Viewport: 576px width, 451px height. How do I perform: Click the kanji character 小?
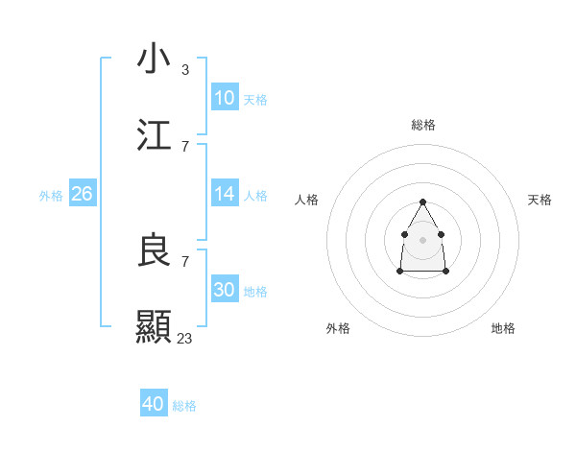154,59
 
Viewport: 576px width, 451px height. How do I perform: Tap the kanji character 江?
154,135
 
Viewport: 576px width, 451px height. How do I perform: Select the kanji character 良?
154,250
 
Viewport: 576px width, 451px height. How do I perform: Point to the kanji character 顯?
154,327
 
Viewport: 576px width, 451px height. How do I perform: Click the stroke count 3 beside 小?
184,70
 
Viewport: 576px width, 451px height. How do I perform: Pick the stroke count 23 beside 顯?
184,339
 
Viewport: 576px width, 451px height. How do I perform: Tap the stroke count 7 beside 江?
184,147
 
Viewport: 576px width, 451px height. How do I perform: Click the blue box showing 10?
225,98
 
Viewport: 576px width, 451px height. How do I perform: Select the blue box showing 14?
225,194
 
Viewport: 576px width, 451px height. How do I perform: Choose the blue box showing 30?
225,290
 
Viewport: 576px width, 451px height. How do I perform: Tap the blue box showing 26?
82,194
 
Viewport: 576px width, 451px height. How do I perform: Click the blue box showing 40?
154,404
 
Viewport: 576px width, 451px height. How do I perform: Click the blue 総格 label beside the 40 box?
184,406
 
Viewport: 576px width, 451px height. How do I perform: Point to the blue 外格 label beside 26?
51,196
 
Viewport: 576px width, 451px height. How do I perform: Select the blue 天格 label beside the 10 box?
255,100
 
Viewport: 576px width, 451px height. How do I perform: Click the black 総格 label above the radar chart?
423,125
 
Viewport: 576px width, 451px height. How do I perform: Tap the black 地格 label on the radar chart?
503,328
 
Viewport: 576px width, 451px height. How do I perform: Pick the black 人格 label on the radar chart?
307,200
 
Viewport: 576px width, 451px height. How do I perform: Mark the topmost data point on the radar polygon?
422,202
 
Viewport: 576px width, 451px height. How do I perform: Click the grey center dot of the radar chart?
422,238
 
